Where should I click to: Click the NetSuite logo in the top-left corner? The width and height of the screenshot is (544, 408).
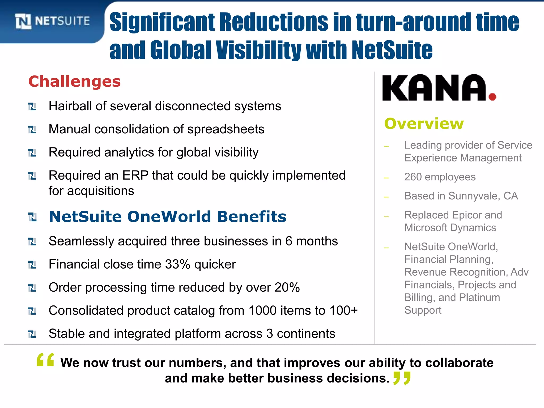pyautogui.click(x=52, y=21)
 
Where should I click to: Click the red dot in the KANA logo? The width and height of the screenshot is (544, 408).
pyautogui.click(x=492, y=97)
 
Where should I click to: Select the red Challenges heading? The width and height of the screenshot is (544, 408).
pyautogui.click(x=74, y=81)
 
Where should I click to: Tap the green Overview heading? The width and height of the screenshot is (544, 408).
pyautogui.click(x=424, y=124)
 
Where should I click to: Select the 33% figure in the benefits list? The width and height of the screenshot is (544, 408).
pyautogui.click(x=178, y=264)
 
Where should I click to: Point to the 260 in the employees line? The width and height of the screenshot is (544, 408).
pyautogui.click(x=413, y=177)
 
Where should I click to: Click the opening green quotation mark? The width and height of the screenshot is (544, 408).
pyautogui.click(x=45, y=360)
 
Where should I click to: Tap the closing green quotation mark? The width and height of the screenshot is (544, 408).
pyautogui.click(x=402, y=378)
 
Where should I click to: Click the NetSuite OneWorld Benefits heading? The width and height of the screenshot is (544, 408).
pyautogui.click(x=168, y=217)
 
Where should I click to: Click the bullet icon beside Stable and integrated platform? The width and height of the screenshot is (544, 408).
pyautogui.click(x=32, y=334)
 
